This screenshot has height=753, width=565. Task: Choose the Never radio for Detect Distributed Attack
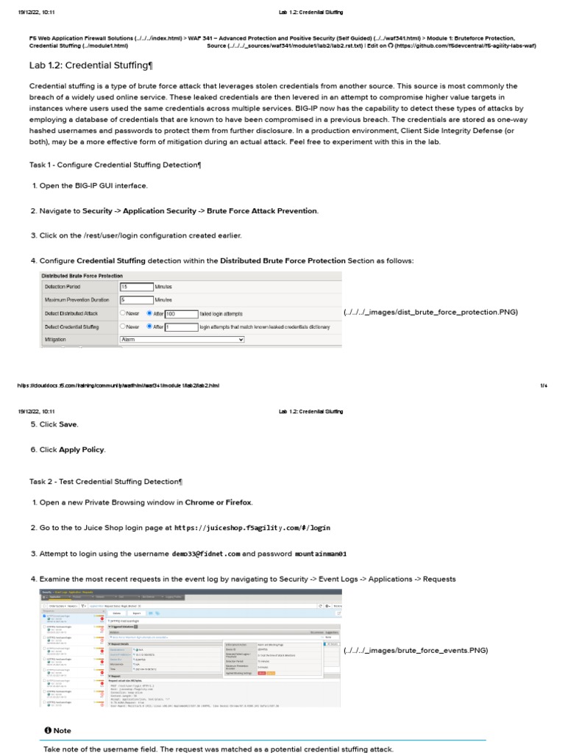click(x=124, y=313)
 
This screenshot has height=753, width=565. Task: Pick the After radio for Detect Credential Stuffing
click(x=150, y=326)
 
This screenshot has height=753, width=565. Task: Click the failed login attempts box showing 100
click(x=181, y=313)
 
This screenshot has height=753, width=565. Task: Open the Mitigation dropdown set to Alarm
click(x=181, y=340)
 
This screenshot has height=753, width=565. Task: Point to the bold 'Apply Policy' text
click(x=82, y=449)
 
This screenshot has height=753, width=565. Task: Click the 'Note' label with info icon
click(x=58, y=730)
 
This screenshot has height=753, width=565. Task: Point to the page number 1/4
click(x=544, y=385)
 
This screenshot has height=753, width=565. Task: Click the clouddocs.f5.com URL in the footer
click(x=118, y=385)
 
